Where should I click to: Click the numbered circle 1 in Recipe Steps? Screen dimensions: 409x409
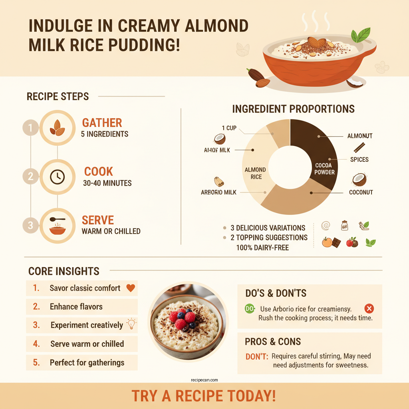tap(31, 129)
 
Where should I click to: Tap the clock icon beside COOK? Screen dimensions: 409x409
tap(58, 177)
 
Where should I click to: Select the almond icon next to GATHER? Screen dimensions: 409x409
tap(58, 127)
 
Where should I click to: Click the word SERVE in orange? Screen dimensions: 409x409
tap(98, 220)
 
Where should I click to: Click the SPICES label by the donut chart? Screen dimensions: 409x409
tap(359, 159)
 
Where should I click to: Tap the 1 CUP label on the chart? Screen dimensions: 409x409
tap(229, 128)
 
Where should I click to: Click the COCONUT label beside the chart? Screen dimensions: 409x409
tap(361, 192)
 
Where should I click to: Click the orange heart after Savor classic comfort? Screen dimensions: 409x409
tap(130, 288)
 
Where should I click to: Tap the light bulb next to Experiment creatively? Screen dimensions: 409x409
tap(131, 324)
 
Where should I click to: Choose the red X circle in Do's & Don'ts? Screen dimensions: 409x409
tap(369, 308)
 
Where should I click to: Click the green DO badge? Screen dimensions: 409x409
tap(250, 309)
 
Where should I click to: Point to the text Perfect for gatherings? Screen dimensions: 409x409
tap(87, 363)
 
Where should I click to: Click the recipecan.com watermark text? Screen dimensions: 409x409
tap(204, 381)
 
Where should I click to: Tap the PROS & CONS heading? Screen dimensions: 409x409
tap(273, 342)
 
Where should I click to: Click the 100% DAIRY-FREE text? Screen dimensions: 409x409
tap(262, 248)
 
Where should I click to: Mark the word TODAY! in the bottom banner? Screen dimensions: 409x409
tap(251, 396)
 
